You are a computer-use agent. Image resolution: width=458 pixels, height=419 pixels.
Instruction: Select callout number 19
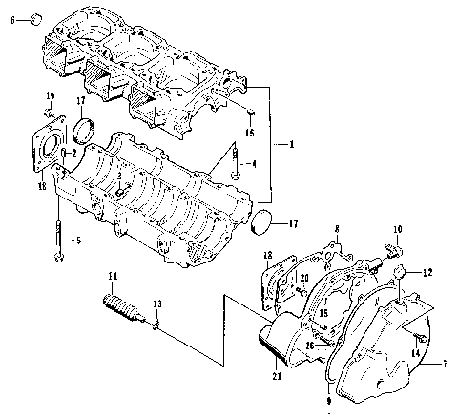(50, 98)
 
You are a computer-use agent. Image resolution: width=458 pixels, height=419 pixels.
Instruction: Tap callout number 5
(79, 241)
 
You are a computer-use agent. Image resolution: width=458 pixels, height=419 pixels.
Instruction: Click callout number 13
(158, 304)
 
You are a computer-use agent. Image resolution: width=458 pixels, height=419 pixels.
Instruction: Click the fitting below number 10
(392, 254)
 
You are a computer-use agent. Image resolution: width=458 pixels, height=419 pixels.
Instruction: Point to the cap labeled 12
(403, 272)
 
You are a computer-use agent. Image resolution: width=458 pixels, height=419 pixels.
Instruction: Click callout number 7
(443, 364)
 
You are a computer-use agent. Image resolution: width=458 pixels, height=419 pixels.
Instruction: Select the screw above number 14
(419, 337)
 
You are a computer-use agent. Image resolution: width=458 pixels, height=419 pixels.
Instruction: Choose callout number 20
(303, 278)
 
